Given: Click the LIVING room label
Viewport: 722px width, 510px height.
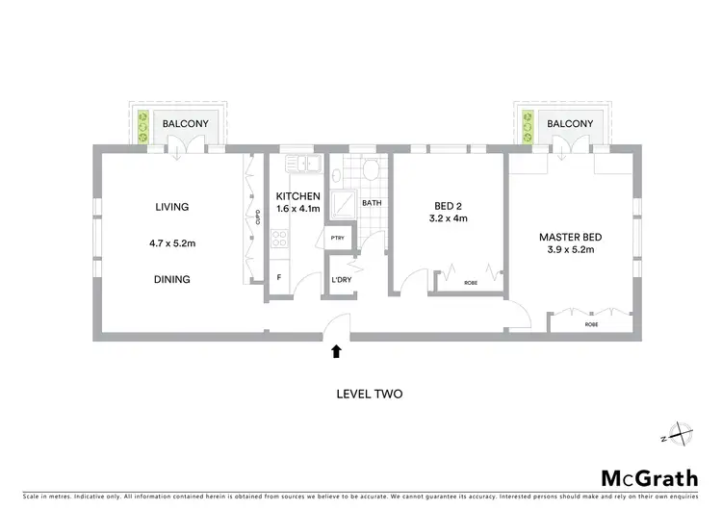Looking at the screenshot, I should [x=171, y=207].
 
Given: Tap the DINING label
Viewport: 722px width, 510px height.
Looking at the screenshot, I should [x=171, y=280].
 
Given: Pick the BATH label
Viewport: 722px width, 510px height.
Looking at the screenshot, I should [x=372, y=204].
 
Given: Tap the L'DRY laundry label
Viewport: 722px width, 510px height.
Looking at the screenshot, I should [x=341, y=280].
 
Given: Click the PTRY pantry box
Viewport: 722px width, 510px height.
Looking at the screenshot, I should [x=338, y=238].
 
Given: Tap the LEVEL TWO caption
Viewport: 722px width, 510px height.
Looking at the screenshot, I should [x=369, y=394].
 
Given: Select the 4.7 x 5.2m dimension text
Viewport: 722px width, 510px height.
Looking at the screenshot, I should [x=171, y=243].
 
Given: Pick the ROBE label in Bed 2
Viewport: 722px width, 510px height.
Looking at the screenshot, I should [x=471, y=283].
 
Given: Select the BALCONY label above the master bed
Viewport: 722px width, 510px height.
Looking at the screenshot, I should [x=570, y=124].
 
